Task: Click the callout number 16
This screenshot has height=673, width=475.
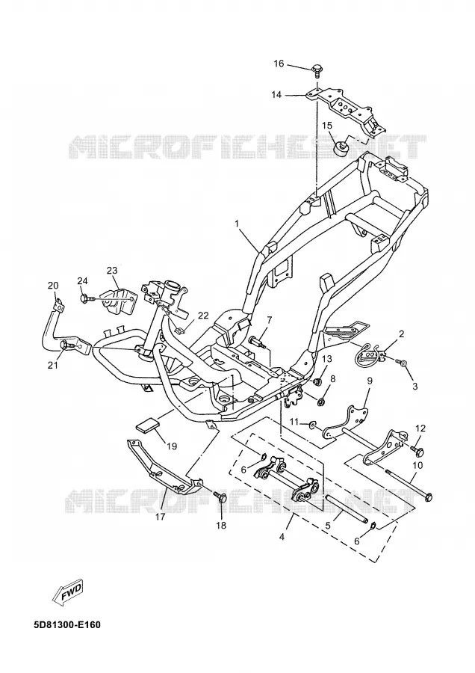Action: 279,64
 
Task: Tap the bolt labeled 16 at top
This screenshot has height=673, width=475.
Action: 317,70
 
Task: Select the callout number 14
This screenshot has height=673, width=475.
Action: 276,94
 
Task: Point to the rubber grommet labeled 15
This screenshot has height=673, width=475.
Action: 341,147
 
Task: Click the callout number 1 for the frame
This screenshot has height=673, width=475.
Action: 236,224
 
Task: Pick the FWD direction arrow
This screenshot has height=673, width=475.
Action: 68,594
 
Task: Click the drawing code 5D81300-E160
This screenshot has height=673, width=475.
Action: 67,624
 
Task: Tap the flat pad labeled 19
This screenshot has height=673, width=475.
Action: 147,425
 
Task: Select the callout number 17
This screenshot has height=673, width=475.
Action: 160,517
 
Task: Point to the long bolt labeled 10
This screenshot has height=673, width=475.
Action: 409,485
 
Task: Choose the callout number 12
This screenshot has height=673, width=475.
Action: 420,428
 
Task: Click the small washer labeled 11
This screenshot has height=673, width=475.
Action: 314,425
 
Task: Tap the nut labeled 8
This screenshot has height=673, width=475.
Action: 320,402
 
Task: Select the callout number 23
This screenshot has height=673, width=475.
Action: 112,271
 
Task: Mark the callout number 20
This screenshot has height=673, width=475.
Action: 53,286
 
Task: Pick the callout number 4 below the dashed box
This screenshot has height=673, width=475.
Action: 282,537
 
